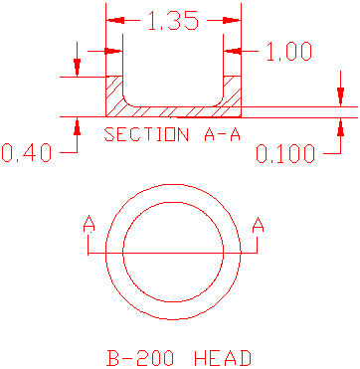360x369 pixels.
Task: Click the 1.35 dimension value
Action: pyautogui.click(x=173, y=21)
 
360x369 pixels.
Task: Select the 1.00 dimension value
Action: pyautogui.click(x=289, y=52)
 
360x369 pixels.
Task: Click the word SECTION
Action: pyautogui.click(x=142, y=134)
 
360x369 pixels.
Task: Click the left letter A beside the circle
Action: pyautogui.click(x=89, y=228)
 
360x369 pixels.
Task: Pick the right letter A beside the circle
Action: pyautogui.click(x=258, y=228)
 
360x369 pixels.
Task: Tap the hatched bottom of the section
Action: pyautogui.click(x=173, y=109)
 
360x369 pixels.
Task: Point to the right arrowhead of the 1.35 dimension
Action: pyautogui.click(x=233, y=20)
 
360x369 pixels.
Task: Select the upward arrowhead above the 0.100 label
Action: pyautogui.click(x=340, y=124)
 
